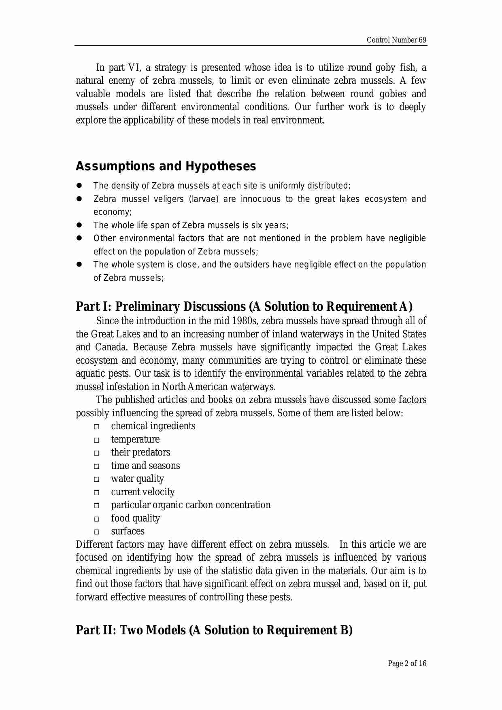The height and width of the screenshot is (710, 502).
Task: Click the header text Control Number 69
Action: point(396,40)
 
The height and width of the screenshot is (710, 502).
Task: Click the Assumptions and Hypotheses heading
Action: point(166,166)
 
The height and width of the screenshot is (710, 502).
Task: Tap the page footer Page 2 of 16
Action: point(406,663)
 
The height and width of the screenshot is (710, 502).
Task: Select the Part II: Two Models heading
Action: point(214,630)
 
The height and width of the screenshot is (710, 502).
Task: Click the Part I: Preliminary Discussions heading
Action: point(244,306)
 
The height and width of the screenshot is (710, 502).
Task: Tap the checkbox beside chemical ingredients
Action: point(96,427)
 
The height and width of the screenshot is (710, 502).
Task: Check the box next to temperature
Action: point(96,440)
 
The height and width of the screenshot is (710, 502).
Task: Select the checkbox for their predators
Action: point(96,453)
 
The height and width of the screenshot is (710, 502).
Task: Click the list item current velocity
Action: point(143,492)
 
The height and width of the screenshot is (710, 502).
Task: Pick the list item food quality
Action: point(135,518)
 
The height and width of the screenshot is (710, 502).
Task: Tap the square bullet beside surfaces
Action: point(96,532)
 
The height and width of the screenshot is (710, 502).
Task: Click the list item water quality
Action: point(137,479)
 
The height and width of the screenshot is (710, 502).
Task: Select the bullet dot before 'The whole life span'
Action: point(79,225)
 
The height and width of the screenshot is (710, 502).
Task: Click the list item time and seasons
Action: point(145,466)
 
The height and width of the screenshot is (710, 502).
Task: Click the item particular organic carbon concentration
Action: point(191,505)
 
